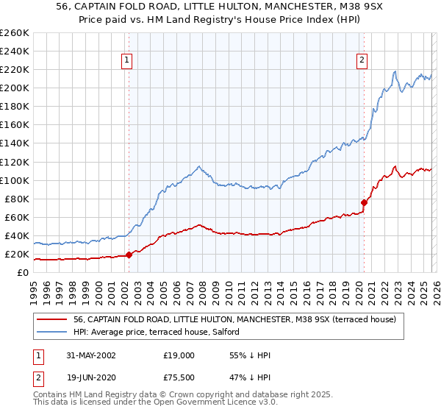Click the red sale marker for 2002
click(129, 255)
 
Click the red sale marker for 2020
click(364, 202)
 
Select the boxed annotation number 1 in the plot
click(128, 61)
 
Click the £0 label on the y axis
click(22, 272)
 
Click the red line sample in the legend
click(53, 319)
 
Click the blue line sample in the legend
click(53, 333)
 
